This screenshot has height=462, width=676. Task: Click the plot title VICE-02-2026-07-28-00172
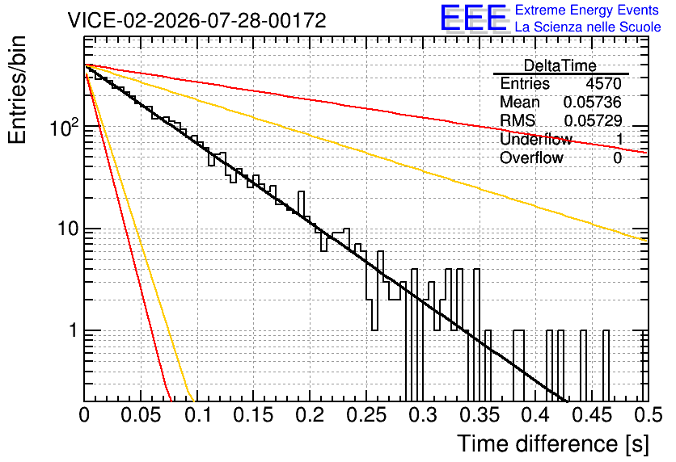196,20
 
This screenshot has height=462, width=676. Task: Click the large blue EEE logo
474,18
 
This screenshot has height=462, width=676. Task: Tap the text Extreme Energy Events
587,10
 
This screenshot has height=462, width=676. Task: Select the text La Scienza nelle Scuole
588,27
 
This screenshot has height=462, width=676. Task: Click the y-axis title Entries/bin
17,90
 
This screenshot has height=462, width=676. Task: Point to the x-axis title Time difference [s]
553,443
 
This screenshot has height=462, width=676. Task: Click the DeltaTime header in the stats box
560,65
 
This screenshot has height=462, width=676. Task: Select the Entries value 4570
603,83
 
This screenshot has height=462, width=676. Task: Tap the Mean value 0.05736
593,102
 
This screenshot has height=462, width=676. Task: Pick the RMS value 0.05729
593,120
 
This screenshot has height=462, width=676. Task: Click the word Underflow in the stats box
536,139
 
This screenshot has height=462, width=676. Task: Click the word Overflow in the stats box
531,157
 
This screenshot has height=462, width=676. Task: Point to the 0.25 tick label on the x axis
367,415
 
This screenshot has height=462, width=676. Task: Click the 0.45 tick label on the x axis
593,415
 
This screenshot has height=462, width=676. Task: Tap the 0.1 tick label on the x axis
198,415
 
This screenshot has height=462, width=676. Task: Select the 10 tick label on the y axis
68,229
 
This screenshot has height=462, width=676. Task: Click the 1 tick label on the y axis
74,330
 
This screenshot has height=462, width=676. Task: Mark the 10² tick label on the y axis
65,127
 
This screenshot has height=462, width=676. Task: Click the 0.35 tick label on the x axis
480,415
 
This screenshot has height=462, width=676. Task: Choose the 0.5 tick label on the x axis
649,415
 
